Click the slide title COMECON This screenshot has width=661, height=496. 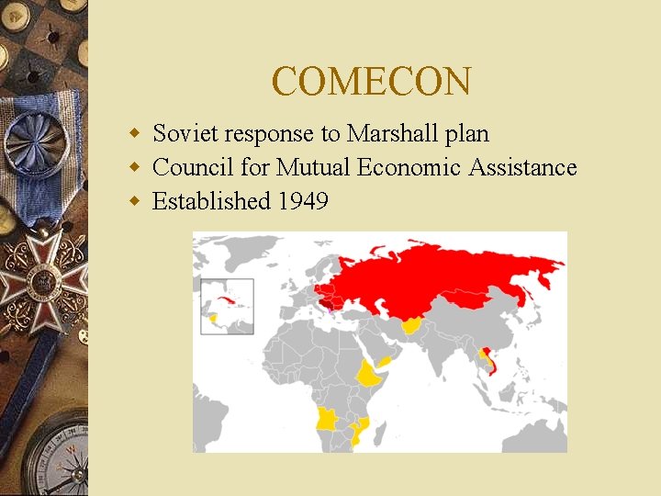(371, 82)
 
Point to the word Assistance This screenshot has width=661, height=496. (522, 168)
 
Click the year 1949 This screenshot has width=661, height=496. (303, 201)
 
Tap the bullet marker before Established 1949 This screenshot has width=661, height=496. (134, 201)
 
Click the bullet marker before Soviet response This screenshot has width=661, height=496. (134, 134)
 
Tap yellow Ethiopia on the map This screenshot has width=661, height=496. (370, 375)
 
